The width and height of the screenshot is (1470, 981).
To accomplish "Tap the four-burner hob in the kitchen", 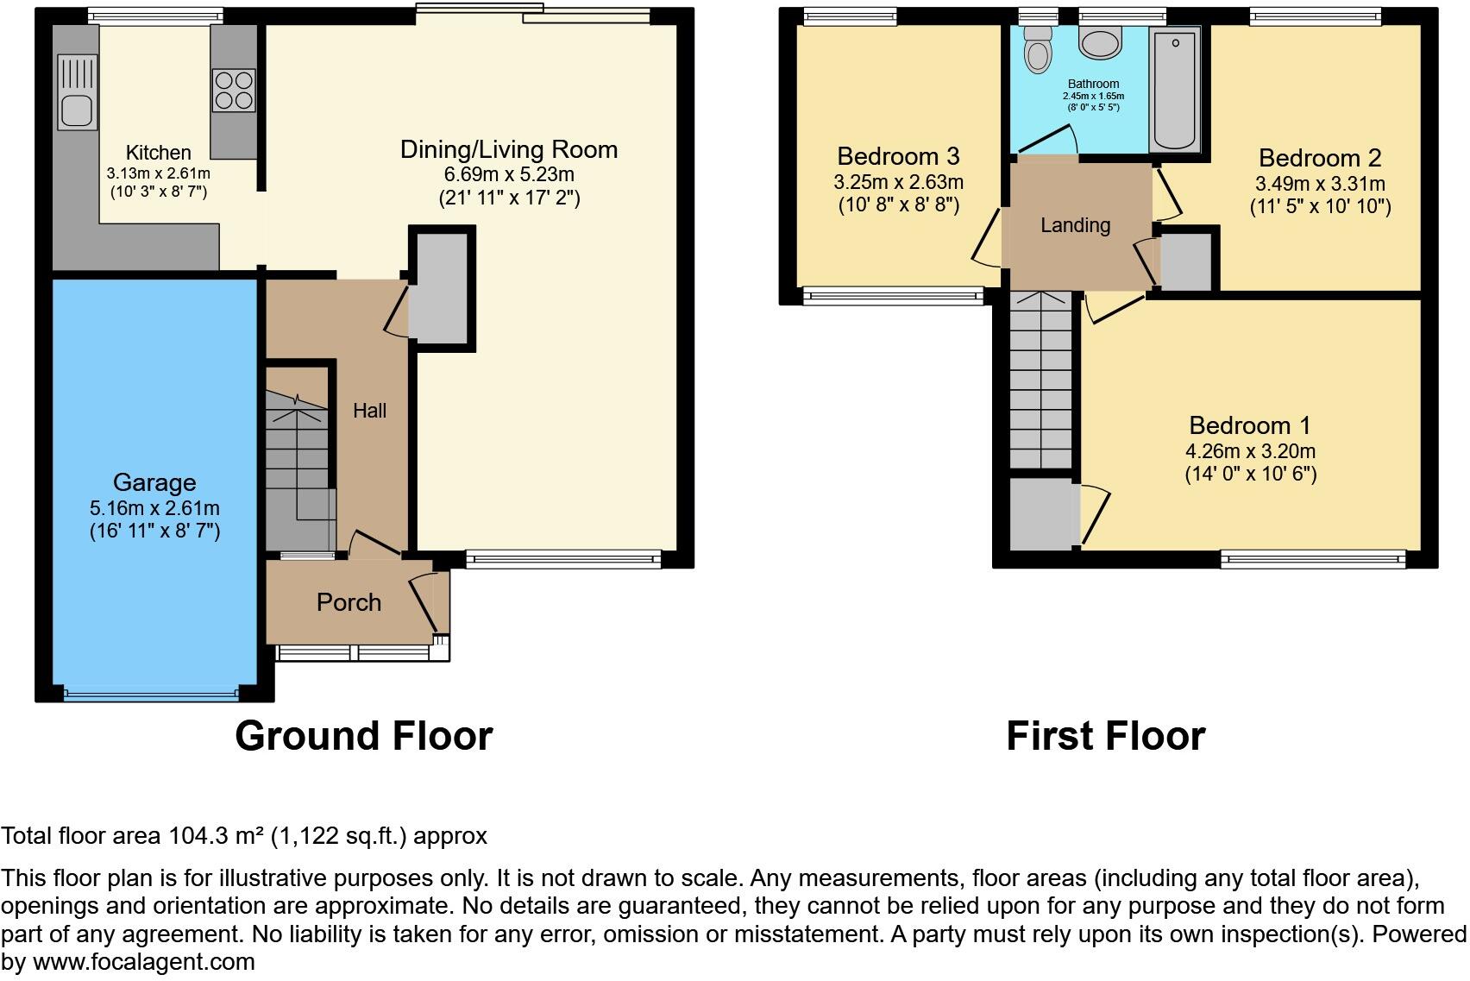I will click(234, 90).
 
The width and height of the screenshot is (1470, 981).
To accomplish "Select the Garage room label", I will click(154, 482).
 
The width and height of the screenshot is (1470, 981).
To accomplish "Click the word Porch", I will click(349, 602).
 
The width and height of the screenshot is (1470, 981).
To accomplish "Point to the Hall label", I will click(369, 411).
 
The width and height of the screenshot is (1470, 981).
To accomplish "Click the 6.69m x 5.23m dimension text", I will click(509, 174).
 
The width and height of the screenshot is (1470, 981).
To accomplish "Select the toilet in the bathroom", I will click(1038, 51).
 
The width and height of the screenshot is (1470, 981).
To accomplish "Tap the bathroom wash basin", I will click(1100, 44).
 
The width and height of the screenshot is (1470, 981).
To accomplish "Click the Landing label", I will click(1075, 225).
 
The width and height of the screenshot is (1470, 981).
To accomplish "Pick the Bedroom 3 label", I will click(898, 156).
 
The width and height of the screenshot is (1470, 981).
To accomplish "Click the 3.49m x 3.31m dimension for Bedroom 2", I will click(1320, 184).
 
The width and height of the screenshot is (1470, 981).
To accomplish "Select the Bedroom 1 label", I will click(1249, 425).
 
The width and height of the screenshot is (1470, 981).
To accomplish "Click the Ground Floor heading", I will click(363, 736).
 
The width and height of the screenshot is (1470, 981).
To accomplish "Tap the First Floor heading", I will click(1105, 736).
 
